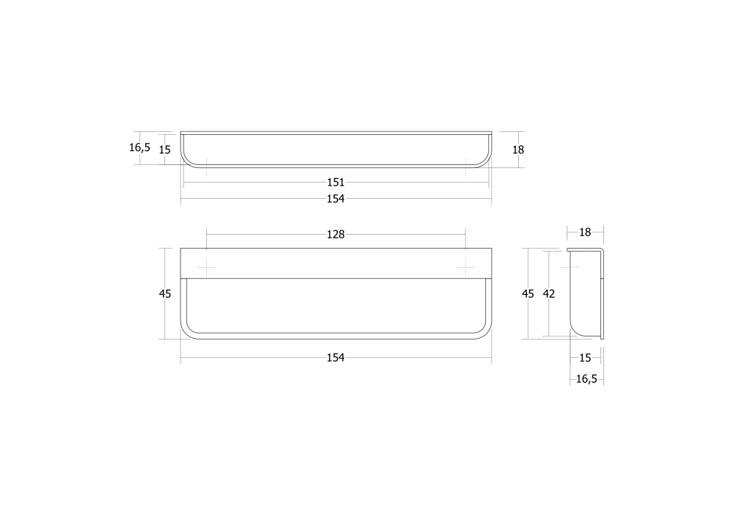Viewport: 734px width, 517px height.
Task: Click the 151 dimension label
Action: coord(335,182)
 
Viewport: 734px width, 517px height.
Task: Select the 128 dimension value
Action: coord(335,235)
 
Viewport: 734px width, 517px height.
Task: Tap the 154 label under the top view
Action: coord(335,199)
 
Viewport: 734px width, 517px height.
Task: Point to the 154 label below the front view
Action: coord(335,357)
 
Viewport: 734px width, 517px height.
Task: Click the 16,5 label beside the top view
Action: coord(139,148)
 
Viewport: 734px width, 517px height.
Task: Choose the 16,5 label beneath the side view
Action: coord(586,379)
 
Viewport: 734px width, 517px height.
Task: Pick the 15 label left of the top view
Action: coord(164,150)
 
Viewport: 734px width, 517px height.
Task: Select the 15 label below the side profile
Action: coord(585,358)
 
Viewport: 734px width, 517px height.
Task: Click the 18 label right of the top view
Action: coord(518,150)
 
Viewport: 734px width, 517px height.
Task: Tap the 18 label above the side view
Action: coord(585,232)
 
